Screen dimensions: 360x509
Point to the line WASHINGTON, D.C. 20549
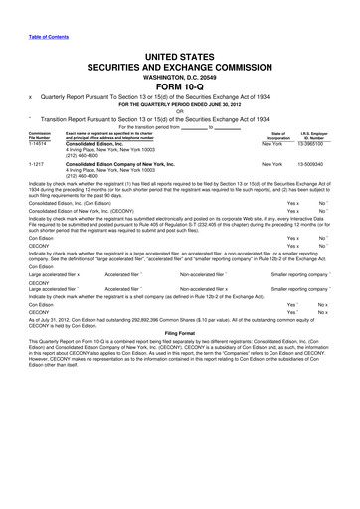click(x=179, y=74)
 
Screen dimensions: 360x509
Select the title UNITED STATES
click(x=179, y=50)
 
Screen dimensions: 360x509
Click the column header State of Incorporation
click(x=270, y=135)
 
